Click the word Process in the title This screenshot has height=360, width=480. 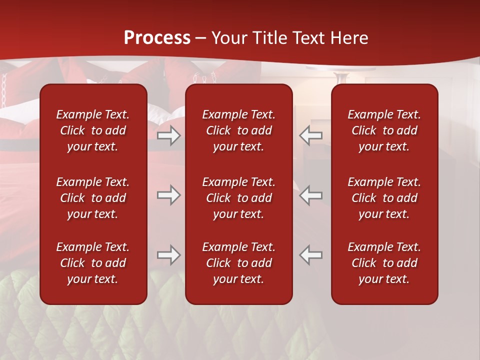(x=157, y=38)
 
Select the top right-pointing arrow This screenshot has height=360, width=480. (x=169, y=135)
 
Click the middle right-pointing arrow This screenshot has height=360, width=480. (x=169, y=195)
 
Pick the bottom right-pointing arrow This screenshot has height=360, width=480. (x=169, y=255)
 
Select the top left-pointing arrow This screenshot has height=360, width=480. (x=311, y=135)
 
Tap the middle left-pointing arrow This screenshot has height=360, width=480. (x=311, y=195)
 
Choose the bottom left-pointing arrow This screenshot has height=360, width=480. (x=311, y=255)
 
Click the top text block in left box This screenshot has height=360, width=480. (x=93, y=130)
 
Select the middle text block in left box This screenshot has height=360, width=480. (x=93, y=198)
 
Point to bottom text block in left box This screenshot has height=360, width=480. (x=93, y=263)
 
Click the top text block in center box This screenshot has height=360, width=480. (x=238, y=130)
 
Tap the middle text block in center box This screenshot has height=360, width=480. (x=238, y=198)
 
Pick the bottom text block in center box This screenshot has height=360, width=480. (x=238, y=263)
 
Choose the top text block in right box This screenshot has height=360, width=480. (x=384, y=130)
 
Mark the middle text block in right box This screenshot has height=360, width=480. (x=384, y=198)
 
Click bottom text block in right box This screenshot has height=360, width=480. (x=384, y=263)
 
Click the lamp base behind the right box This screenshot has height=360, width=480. (x=341, y=77)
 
